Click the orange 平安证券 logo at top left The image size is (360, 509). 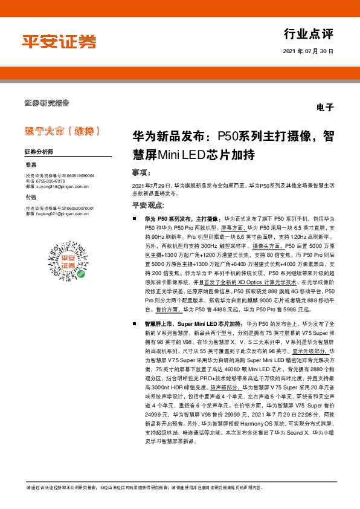[59, 42]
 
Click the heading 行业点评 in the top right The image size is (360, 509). [308, 34]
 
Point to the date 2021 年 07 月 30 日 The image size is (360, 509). [307, 52]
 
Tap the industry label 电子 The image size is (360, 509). [324, 107]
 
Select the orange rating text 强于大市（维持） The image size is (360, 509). [62, 131]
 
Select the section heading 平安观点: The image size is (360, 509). [149, 206]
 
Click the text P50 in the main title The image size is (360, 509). [228, 137]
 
